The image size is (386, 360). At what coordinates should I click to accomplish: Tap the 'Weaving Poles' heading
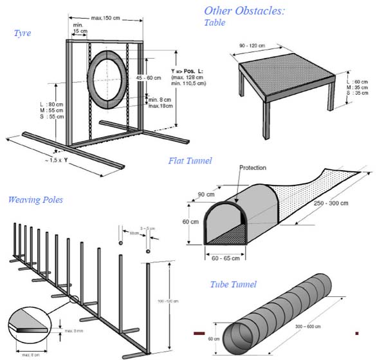coord(35,200)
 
